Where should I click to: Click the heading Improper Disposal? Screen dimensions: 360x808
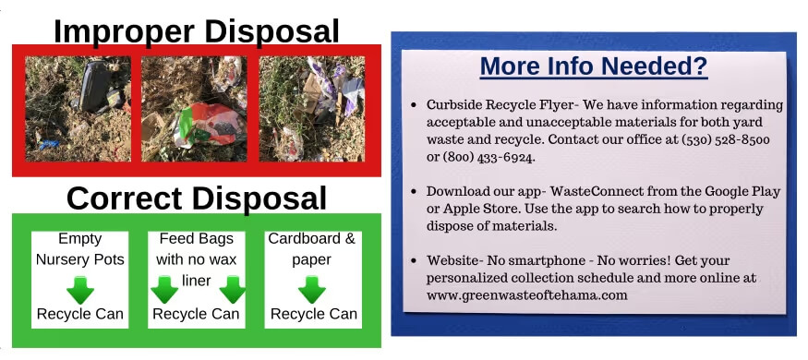196,30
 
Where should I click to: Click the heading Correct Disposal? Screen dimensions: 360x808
196,198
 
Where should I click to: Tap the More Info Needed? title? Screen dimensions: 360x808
594,66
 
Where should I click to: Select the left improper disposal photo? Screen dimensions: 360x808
78,108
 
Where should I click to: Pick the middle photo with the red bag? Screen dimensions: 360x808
196,108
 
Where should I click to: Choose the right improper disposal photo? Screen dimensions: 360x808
312,108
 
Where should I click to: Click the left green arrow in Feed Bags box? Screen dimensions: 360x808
164,289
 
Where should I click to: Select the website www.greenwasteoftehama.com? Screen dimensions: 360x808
526,295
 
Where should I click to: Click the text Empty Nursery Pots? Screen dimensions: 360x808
79,248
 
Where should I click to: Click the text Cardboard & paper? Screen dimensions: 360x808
312,248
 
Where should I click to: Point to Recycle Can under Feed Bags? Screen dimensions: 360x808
196,314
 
